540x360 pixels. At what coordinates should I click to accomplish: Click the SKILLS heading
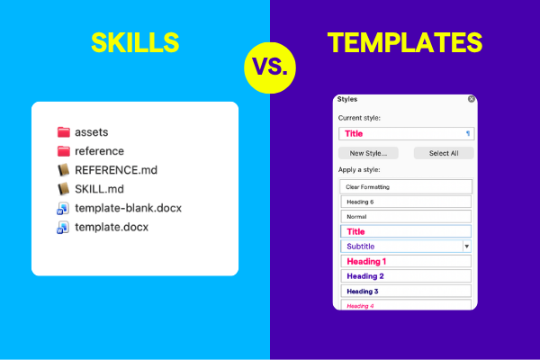click(134, 42)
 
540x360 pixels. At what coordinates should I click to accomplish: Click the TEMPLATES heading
click(404, 42)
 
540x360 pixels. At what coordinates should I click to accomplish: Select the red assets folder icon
click(63, 131)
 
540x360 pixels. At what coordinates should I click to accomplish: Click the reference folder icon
click(63, 150)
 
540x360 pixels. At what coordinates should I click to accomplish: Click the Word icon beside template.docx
click(63, 228)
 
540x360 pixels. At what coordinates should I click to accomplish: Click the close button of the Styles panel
click(472, 99)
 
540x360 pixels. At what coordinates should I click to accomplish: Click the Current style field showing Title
click(406, 133)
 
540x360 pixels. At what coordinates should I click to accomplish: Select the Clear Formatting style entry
click(406, 186)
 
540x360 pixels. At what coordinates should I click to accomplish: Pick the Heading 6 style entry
click(406, 202)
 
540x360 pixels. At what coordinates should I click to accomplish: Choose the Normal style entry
click(406, 217)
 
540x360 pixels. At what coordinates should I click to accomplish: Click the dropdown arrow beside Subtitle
click(466, 246)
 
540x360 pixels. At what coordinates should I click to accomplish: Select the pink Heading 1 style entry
click(406, 261)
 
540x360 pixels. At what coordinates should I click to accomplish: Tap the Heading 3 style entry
click(406, 291)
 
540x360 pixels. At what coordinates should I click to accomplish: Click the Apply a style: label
click(360, 169)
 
